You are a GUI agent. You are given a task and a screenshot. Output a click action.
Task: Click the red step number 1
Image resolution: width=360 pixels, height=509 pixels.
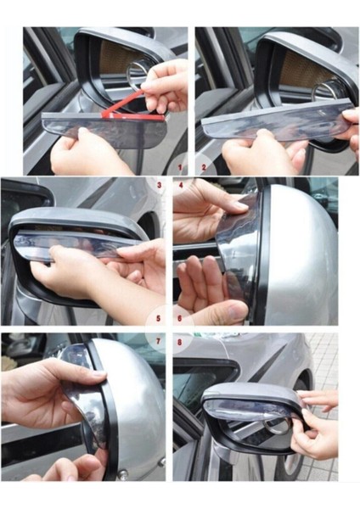tap(180, 167)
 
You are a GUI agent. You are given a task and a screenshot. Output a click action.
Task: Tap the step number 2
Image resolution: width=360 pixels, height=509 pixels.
tap(203, 167)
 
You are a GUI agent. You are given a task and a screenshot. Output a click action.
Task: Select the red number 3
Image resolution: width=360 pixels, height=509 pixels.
tap(159, 183)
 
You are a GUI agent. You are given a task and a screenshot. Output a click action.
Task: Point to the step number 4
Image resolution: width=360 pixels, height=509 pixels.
tap(181, 183)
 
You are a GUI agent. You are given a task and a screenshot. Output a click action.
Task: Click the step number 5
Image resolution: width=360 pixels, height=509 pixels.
tap(159, 319)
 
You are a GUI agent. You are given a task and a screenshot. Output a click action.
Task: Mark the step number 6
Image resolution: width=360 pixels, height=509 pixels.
tap(181, 319)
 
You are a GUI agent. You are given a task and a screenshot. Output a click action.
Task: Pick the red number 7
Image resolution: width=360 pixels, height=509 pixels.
tap(160, 343)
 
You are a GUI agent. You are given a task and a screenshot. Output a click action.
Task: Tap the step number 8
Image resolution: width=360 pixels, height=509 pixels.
tap(181, 343)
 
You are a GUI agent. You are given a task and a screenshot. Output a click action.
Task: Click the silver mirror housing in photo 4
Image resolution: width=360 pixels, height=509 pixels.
tap(297, 255)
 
